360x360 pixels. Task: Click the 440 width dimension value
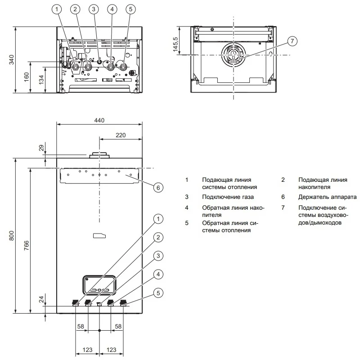(99, 120)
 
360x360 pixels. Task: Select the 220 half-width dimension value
(121, 135)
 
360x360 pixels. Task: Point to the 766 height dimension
(27, 245)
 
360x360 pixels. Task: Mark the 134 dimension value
(41, 80)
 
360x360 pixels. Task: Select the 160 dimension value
(27, 76)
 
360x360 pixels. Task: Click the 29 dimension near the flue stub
(41, 148)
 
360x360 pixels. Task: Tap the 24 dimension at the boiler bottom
(41, 299)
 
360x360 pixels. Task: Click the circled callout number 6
(157, 187)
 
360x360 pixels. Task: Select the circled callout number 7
(292, 41)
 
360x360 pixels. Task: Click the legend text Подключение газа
(228, 197)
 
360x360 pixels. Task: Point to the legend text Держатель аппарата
(327, 197)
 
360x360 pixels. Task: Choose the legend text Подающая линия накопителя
(323, 183)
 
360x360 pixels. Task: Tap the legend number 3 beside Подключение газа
(186, 197)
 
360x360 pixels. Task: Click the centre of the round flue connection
(233, 54)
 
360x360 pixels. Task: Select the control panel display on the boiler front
(99, 286)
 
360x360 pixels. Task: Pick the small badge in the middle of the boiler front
(99, 235)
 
